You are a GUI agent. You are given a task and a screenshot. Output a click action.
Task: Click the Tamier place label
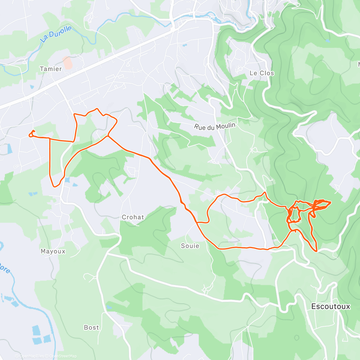tap(51, 69)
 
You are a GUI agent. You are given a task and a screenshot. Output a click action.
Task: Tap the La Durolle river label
tap(56, 34)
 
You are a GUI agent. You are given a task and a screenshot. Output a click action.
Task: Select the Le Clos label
tap(262, 73)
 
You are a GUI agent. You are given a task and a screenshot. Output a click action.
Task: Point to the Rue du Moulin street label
tap(214, 127)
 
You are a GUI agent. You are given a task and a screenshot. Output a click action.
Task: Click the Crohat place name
tap(133, 217)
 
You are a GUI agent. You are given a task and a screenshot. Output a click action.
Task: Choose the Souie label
tap(190, 246)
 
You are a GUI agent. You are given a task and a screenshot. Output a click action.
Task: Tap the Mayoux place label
tap(53, 251)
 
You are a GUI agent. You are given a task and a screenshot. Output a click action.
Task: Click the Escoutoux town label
tap(331, 306)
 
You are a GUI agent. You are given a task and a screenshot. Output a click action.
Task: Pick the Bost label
tap(91, 328)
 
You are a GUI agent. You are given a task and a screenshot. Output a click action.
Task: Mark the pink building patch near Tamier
tap(68, 63)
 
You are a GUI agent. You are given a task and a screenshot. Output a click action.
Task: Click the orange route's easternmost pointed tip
tap(330, 202)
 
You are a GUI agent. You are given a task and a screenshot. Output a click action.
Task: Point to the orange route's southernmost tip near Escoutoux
tap(316, 250)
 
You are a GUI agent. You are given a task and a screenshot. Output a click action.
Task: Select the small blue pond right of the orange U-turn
tap(67, 180)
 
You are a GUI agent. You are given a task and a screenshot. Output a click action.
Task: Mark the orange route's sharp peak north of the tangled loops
tap(265, 192)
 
